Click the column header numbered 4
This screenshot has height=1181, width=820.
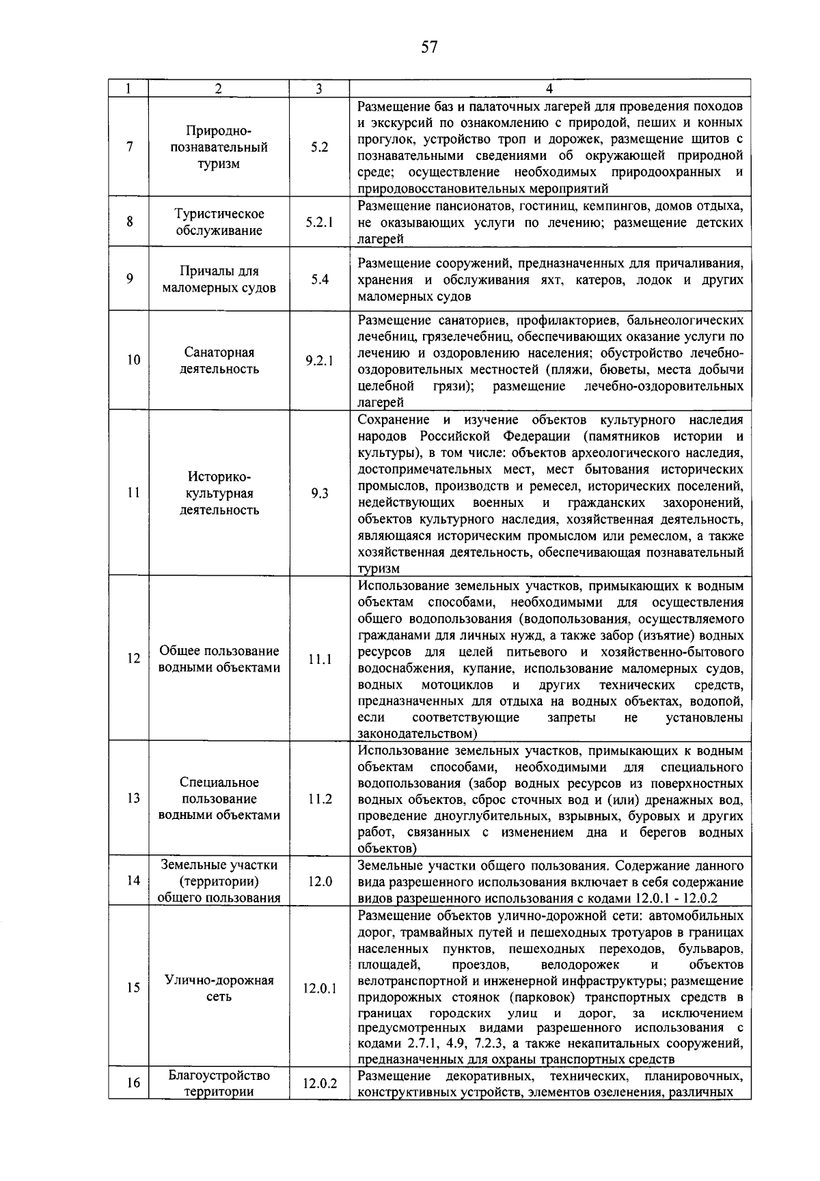tap(549, 89)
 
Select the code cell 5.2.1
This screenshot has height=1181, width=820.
tap(319, 222)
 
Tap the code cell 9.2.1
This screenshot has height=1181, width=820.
tap(319, 361)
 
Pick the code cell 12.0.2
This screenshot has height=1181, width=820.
tap(319, 1083)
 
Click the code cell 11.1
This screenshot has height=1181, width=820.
tap(319, 659)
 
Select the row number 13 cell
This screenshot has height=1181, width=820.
tap(129, 798)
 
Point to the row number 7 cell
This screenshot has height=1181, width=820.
tap(129, 147)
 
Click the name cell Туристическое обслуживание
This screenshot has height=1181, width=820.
tap(219, 222)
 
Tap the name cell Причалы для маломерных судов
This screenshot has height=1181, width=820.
tap(219, 279)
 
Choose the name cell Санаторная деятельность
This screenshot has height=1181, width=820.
tap(219, 361)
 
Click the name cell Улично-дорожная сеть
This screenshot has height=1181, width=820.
tap(219, 988)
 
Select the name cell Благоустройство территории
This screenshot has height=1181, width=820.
tap(219, 1083)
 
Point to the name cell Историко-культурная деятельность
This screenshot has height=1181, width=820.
tap(219, 493)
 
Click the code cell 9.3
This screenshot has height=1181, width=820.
tap(319, 493)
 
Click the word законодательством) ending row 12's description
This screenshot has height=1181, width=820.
tap(417, 734)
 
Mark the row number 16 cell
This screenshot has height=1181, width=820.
tap(129, 1083)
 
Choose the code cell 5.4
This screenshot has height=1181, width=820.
tap(319, 279)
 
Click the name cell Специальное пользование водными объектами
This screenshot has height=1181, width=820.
tap(219, 798)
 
